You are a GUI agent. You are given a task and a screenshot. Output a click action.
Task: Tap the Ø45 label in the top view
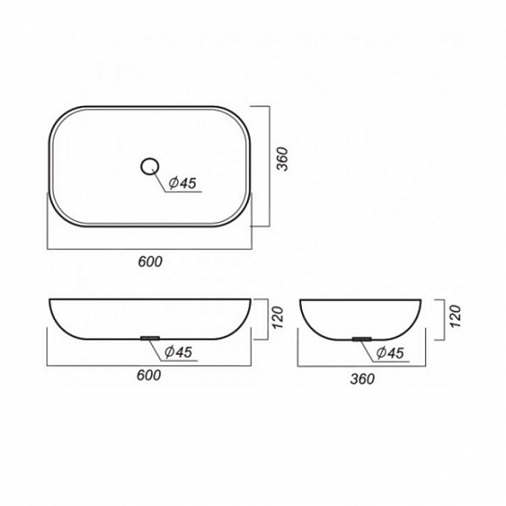click(x=183, y=184)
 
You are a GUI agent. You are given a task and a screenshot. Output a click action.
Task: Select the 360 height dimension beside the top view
click(x=282, y=158)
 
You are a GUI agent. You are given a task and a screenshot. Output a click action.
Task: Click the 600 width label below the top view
click(x=150, y=262)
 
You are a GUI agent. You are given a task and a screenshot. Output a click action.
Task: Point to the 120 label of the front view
click(x=278, y=318)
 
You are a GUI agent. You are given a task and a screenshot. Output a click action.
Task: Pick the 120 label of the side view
click(x=455, y=316)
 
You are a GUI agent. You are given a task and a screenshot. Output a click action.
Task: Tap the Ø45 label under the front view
click(x=179, y=351)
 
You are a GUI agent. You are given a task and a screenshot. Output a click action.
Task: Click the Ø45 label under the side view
click(x=390, y=353)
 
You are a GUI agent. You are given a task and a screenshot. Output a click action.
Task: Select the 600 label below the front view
click(x=149, y=375)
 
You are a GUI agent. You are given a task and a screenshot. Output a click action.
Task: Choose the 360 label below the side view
click(x=362, y=379)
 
